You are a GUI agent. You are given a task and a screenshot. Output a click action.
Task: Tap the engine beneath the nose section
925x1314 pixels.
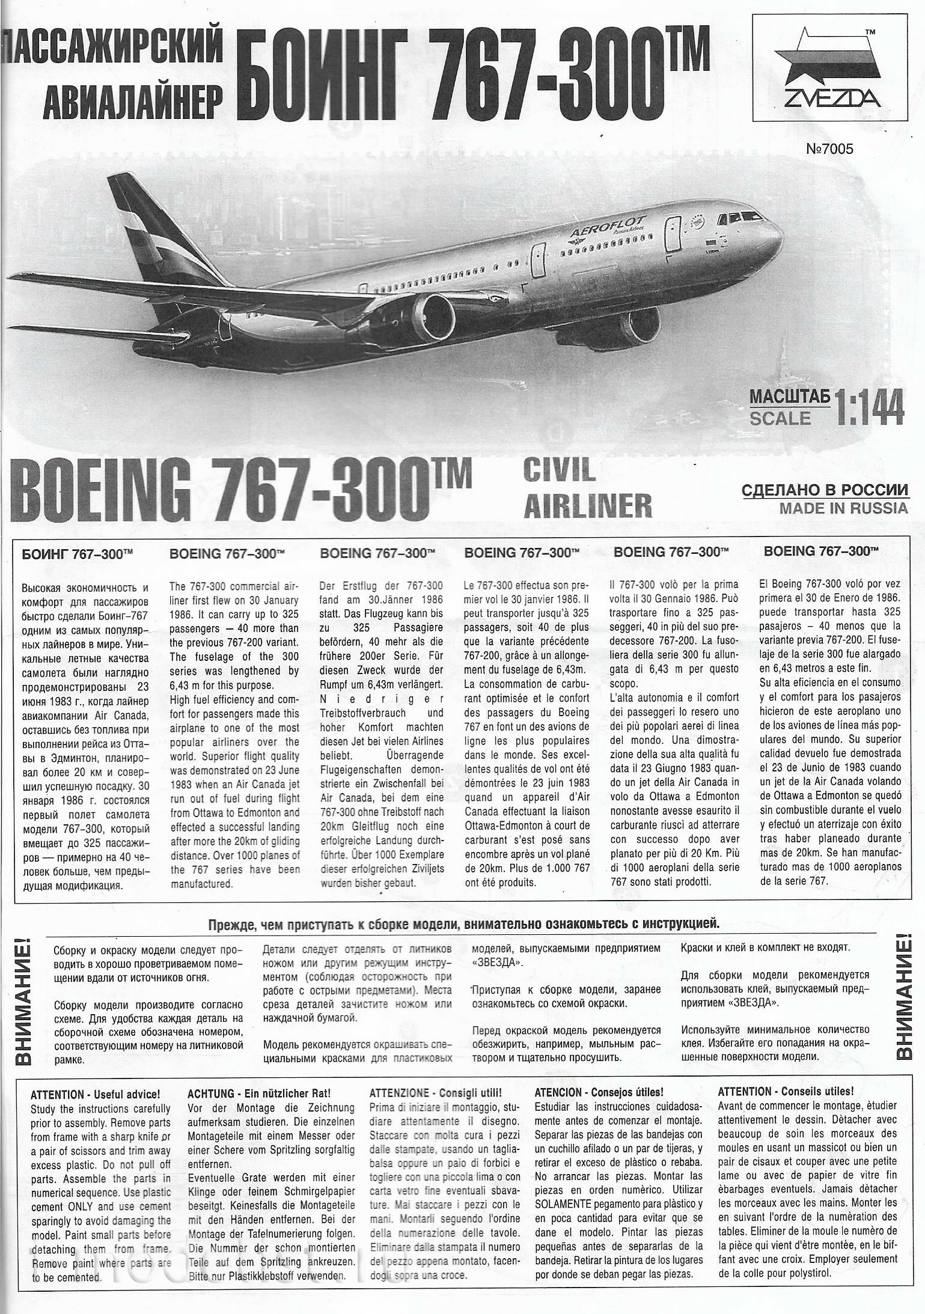(640, 327)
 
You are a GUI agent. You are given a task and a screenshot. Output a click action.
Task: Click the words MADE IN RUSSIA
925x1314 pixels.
(843, 508)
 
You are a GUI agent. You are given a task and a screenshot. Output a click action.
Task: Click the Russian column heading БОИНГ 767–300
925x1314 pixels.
(77, 554)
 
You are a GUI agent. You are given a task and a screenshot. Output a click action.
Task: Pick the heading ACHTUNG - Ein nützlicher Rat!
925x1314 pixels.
(259, 1093)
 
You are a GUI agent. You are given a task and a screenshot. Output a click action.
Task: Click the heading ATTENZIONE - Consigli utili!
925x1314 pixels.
(436, 1092)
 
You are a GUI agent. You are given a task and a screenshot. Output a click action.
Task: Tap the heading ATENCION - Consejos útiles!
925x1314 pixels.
(599, 1092)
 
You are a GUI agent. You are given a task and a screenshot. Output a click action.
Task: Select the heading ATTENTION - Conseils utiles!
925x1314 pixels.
(786, 1092)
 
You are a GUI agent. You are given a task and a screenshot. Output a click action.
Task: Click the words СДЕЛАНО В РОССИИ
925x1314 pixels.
(825, 490)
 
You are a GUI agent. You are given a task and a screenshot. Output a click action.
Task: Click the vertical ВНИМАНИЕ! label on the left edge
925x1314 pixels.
(23, 997)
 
